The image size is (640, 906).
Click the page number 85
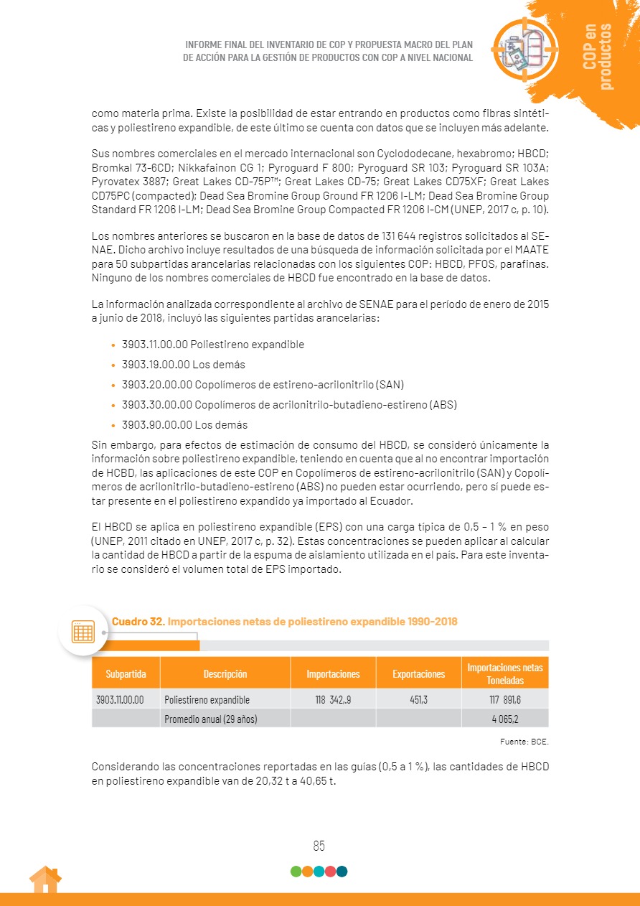[x=319, y=846]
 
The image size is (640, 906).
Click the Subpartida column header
[x=126, y=673]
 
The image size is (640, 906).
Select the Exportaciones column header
[x=418, y=673]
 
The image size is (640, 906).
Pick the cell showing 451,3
[x=418, y=699]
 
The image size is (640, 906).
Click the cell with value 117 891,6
[x=504, y=699]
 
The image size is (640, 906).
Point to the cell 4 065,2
[x=505, y=718]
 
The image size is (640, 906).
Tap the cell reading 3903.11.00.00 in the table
[x=120, y=699]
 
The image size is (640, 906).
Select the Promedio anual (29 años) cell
[x=210, y=718]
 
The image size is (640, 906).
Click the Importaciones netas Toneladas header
[x=505, y=673]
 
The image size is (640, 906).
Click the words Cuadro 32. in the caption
[x=138, y=621]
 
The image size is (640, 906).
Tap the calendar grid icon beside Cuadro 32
[x=83, y=632]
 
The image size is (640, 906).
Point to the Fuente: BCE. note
[x=524, y=741]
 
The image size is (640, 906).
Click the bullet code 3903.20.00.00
[x=157, y=385]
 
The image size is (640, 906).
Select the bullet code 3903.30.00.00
[x=157, y=405]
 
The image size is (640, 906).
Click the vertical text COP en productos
[x=598, y=56]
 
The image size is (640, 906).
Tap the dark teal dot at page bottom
[x=342, y=872]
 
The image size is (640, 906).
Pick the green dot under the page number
[x=296, y=872]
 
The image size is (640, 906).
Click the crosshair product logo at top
[x=524, y=49]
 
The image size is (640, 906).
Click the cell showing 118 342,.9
[x=333, y=699]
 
